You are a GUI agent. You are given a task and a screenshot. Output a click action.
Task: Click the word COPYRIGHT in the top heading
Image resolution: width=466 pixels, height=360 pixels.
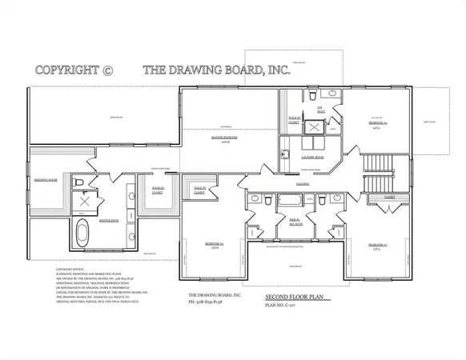(67, 70)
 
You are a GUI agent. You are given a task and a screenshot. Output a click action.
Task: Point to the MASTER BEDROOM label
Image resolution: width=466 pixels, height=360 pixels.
(223, 138)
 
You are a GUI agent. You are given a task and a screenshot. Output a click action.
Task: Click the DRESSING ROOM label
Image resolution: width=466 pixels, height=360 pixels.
(46, 181)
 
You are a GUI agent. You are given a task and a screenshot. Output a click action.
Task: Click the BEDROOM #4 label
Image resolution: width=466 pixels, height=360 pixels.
(376, 124)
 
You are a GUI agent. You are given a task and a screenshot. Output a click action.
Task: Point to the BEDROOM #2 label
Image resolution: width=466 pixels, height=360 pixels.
(212, 242)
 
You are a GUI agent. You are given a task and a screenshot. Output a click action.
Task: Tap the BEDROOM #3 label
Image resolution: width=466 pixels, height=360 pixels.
(377, 245)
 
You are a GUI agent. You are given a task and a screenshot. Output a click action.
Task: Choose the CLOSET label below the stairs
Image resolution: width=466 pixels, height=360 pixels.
(390, 197)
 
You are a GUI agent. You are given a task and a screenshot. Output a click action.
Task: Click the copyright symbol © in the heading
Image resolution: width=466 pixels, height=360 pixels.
(109, 70)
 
